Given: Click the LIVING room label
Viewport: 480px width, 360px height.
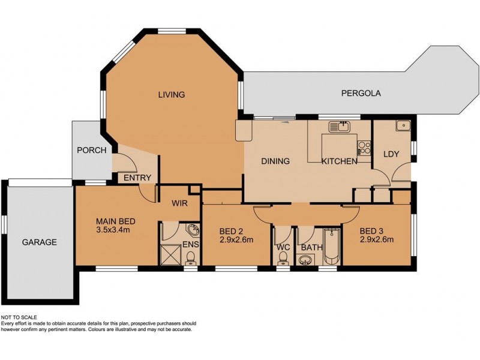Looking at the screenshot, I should click(x=171, y=94).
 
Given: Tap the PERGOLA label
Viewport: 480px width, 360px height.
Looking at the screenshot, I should click(x=361, y=93).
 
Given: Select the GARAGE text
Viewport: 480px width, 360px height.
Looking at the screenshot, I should click(x=40, y=242).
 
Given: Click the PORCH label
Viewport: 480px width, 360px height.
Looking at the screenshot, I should click(x=92, y=150).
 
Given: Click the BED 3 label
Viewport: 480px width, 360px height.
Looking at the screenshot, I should click(x=371, y=230).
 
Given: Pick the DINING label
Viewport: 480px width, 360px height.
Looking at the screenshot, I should click(x=275, y=161).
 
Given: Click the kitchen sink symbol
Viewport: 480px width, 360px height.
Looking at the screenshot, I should click(x=343, y=126).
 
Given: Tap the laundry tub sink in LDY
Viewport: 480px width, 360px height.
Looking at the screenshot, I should click(x=402, y=126).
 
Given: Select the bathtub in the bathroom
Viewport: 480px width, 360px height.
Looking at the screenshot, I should click(x=331, y=247).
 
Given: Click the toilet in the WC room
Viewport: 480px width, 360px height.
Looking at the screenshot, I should click(x=283, y=257).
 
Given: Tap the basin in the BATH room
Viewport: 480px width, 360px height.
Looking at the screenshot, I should click(x=306, y=260).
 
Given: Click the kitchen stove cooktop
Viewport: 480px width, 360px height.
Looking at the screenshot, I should click(x=364, y=146).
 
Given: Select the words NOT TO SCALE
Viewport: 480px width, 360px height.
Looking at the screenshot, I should click(x=19, y=317).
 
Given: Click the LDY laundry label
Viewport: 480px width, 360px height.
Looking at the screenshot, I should click(x=391, y=154).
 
